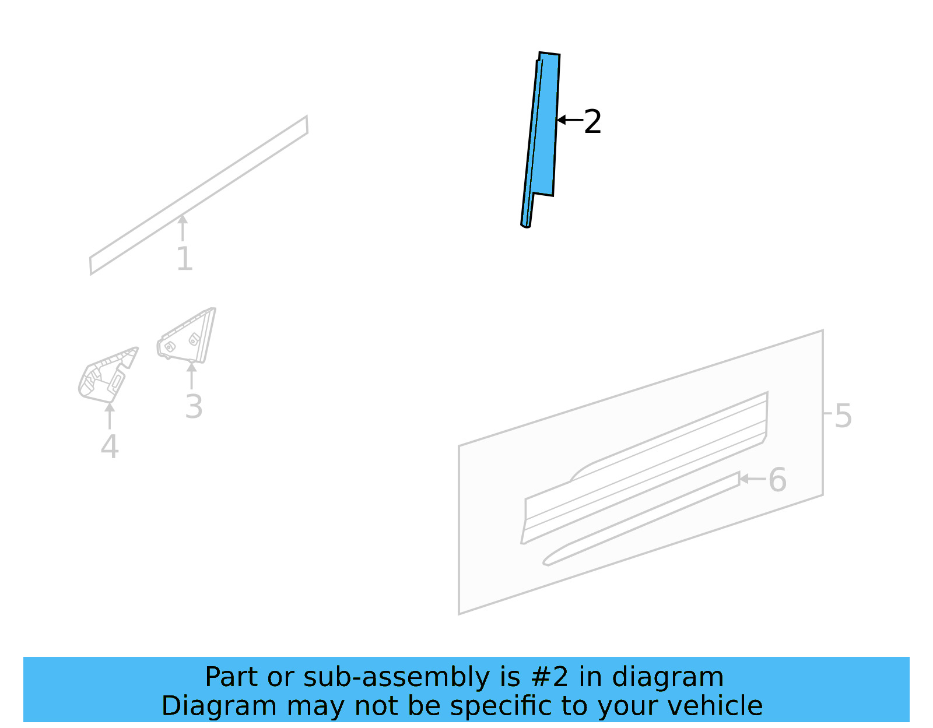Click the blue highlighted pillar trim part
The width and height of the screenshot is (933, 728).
545,128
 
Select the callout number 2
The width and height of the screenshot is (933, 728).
592,122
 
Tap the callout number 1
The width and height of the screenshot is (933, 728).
184,259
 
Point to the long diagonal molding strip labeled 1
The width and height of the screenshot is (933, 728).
198,195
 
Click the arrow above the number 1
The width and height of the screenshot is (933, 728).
183,227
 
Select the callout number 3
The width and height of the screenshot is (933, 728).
194,407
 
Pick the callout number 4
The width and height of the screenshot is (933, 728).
110,447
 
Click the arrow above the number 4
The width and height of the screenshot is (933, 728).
110,415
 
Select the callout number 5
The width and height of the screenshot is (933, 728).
843,416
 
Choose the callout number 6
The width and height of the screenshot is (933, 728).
777,480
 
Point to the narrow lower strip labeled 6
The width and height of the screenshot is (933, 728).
641,519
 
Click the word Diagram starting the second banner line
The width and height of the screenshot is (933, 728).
219,706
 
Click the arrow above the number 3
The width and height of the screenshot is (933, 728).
191,375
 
